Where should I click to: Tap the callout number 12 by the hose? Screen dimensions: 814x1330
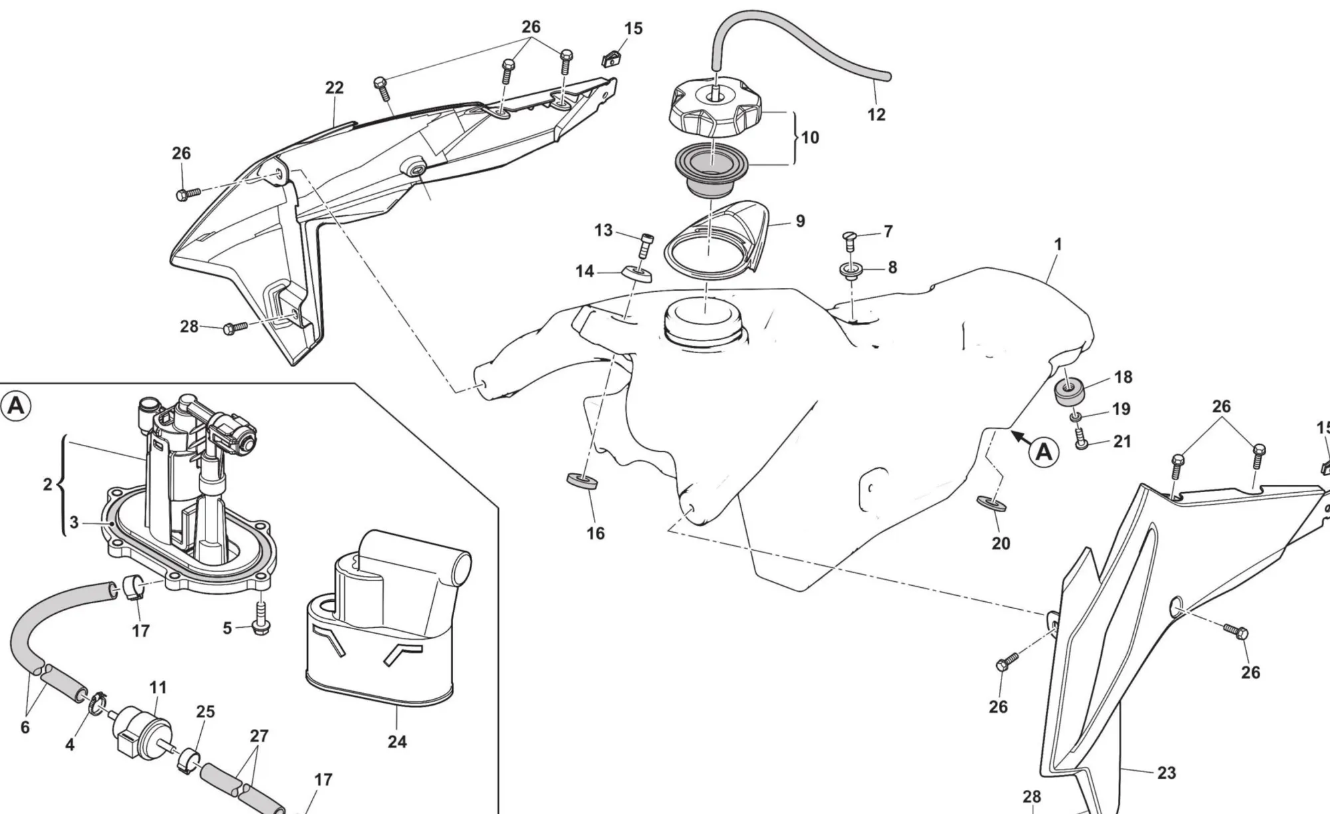click(876, 114)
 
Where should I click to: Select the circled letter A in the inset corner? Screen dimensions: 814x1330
click(16, 406)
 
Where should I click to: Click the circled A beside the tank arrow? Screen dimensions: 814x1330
click(1044, 452)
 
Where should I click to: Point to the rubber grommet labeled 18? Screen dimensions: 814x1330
click(1070, 392)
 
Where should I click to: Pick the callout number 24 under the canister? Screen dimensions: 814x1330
click(397, 741)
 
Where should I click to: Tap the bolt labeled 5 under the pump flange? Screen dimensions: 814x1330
click(260, 618)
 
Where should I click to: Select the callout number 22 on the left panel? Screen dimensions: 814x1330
click(334, 88)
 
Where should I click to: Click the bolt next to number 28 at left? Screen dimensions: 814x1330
click(233, 327)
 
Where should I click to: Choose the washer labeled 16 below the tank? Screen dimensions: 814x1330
click(581, 480)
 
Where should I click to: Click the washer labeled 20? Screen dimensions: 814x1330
click(992, 503)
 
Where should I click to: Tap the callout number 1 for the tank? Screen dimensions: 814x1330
click(1058, 245)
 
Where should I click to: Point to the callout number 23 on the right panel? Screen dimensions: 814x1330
click(1166, 773)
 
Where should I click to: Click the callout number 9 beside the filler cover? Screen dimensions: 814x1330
click(800, 221)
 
